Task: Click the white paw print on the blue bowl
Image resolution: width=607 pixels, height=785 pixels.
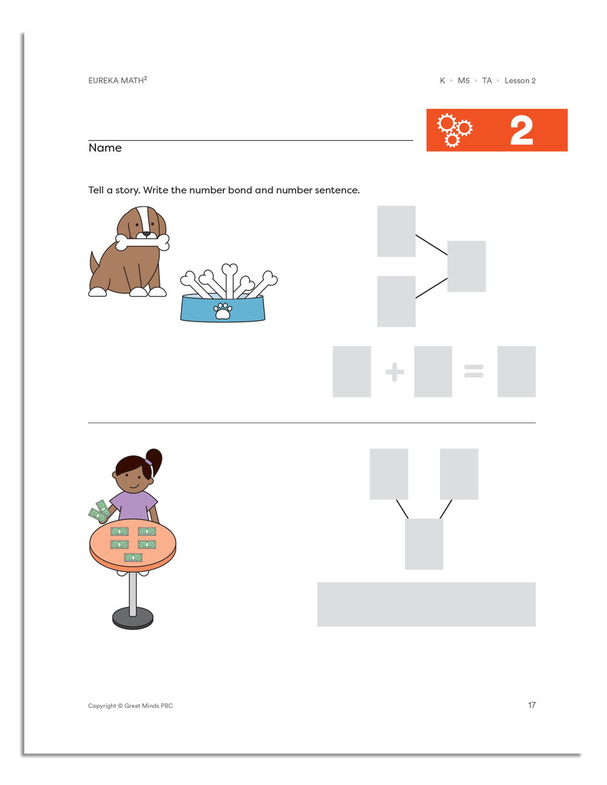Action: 223,311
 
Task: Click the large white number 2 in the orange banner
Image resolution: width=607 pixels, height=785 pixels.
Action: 521,130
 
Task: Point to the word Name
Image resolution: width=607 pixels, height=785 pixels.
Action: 105,148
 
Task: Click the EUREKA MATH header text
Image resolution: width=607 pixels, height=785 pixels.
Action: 117,81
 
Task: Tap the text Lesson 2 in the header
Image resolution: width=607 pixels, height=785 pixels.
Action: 520,81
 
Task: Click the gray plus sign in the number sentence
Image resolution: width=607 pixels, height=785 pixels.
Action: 395,372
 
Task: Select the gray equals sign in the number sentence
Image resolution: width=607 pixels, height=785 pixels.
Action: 473,371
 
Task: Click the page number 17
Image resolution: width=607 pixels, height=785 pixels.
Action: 532,705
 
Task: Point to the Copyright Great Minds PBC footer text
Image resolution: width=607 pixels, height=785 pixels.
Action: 131,706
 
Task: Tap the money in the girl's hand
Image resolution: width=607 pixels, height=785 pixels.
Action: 100,512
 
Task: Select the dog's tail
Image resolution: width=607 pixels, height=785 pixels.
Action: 94,265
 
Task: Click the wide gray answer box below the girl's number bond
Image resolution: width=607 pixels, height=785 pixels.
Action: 426,604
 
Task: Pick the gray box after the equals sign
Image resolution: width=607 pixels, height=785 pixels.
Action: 516,372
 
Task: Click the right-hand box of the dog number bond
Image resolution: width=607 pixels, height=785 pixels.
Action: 466,266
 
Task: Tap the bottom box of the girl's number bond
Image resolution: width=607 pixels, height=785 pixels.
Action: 424,544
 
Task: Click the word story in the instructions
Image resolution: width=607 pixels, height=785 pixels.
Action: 127,190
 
